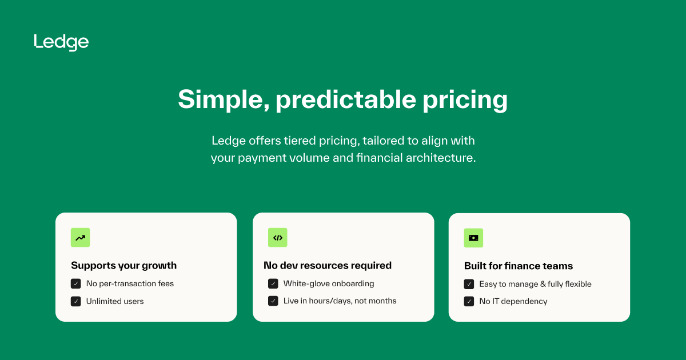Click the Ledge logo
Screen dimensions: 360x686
61,42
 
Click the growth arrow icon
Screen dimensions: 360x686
81,238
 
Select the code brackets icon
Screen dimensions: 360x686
278,238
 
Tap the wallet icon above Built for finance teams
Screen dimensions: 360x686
473,238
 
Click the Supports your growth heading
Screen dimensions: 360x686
123,265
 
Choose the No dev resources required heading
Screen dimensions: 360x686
328,265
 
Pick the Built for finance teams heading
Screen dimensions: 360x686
518,266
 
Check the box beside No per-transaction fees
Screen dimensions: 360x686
76,283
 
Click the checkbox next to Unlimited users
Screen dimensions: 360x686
76,301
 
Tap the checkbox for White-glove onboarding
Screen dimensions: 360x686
273,283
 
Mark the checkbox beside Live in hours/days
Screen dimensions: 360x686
273,301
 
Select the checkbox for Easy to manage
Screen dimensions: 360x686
469,284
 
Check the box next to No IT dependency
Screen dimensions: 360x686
469,301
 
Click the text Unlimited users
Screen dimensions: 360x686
115,301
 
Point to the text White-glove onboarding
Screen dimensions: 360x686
329,283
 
